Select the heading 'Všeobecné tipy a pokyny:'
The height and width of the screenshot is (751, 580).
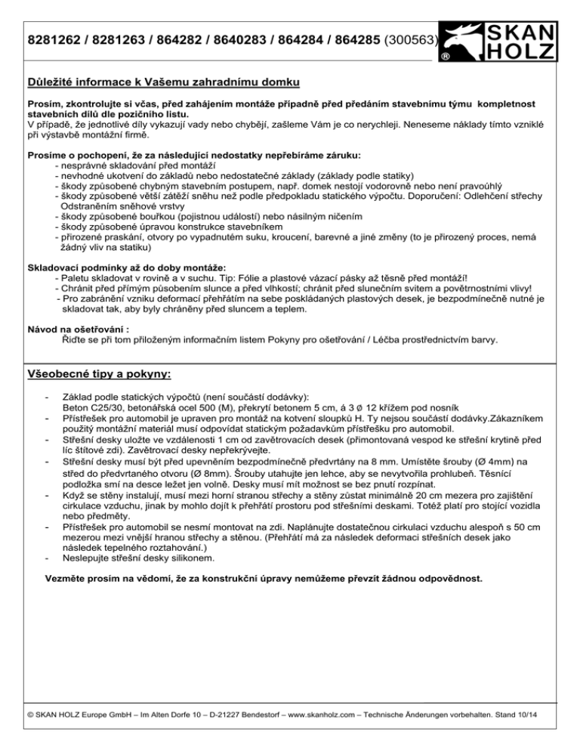[x=99, y=372]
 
